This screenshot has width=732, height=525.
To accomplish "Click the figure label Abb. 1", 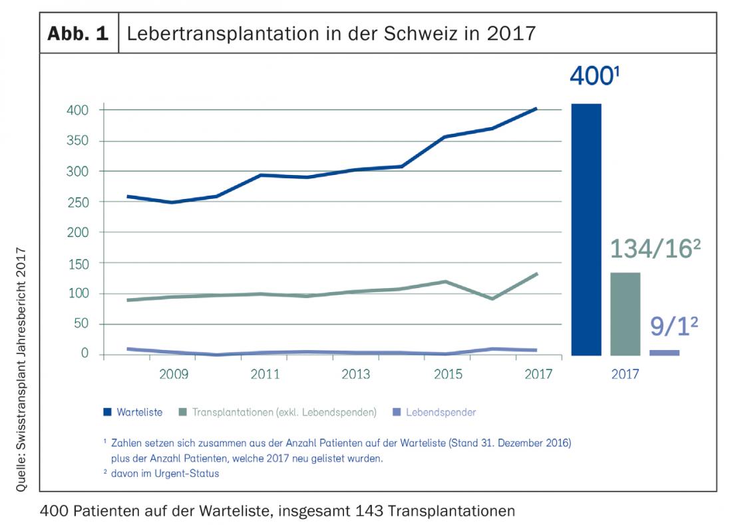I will point(78,33).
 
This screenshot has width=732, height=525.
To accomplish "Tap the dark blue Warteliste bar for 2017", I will point(586,229).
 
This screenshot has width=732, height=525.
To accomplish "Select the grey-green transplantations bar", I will point(625,313).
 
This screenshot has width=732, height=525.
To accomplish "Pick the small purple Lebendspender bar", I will point(664,353).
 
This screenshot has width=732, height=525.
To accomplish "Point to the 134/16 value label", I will point(655,249).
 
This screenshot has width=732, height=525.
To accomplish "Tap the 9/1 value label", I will point(673,327).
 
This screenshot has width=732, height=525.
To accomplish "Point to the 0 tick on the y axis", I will point(85,353).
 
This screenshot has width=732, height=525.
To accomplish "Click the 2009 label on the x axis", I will point(174,374).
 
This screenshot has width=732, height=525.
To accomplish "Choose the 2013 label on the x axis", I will point(356,374).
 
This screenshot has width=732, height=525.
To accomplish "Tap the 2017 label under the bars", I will point(626,374).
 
